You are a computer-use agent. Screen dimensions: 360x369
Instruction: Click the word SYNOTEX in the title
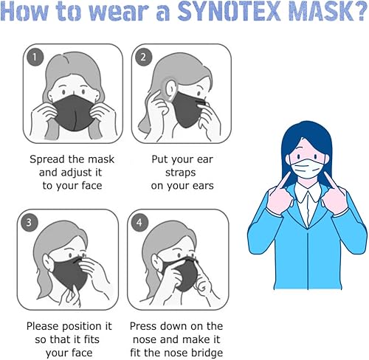pyautogui.click(x=234, y=15)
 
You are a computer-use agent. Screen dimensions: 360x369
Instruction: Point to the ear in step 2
pyautogui.click(x=169, y=86)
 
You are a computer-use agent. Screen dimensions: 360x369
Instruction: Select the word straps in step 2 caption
pyautogui.click(x=182, y=172)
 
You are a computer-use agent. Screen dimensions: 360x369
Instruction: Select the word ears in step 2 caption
pyautogui.click(x=200, y=185)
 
